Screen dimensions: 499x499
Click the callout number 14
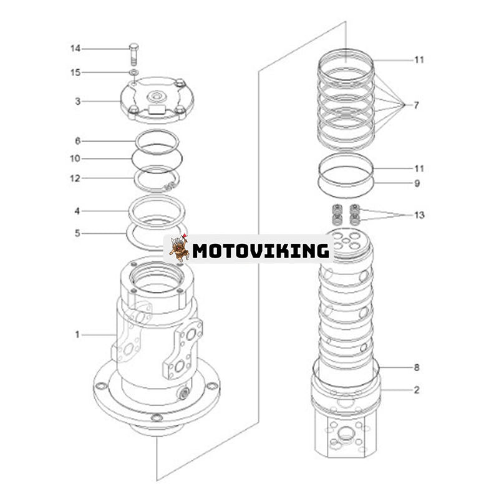75,49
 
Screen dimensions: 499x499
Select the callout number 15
75,73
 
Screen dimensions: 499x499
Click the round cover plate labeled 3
156,100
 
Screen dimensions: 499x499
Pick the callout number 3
77,101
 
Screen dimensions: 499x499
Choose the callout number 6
77,141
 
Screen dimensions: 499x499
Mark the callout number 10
75,158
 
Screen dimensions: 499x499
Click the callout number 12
75,178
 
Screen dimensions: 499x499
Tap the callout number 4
77,211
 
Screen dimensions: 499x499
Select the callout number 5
77,233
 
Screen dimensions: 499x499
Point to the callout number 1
77,335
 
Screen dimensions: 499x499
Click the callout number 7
416,105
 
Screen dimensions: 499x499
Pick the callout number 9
416,184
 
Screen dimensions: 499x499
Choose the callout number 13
419,215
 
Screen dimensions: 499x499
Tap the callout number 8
416,367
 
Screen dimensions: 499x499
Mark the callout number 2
416,390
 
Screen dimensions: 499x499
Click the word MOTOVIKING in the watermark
260,251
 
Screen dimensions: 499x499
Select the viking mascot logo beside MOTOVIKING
179,248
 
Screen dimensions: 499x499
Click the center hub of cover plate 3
155,97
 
